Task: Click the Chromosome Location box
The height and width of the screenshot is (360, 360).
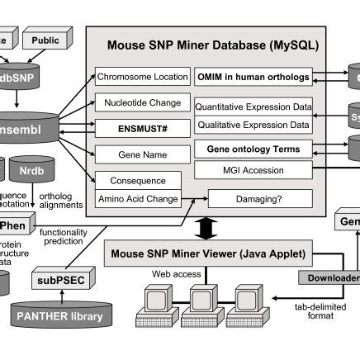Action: (x=143, y=77)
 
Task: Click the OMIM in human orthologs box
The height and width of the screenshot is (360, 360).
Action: (x=253, y=77)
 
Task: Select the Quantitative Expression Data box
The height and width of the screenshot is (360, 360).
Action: (x=253, y=107)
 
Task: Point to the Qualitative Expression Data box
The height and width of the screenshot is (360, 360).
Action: (x=253, y=124)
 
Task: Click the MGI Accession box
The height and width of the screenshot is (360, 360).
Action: (x=253, y=169)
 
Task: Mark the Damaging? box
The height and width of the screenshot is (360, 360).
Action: (x=260, y=198)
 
